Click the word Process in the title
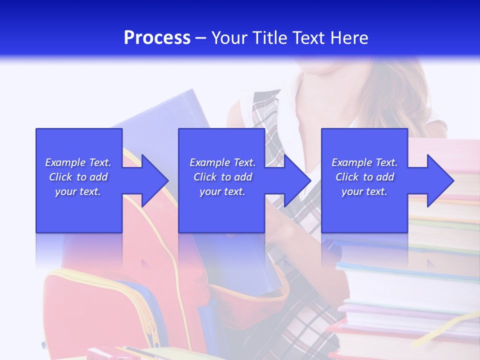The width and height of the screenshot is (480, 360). click(157, 38)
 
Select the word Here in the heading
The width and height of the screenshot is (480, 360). click(349, 38)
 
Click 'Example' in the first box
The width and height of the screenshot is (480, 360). click(65, 162)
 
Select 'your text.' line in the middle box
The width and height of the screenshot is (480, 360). click(222, 191)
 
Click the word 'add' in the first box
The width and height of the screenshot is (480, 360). click(99, 177)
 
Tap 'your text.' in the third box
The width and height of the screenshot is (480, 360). click(364, 191)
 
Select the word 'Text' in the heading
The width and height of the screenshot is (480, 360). click(309, 38)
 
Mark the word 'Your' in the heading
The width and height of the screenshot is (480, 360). click(230, 38)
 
